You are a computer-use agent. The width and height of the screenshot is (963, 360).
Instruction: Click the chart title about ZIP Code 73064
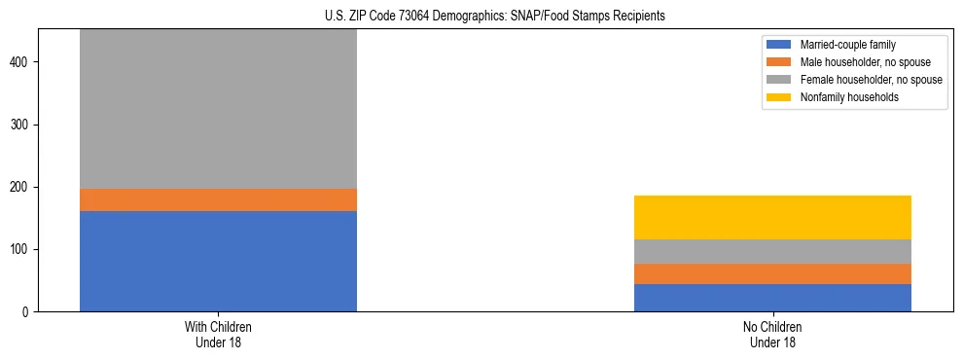click(x=495, y=17)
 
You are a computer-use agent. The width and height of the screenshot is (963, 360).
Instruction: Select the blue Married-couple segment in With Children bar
click(x=218, y=261)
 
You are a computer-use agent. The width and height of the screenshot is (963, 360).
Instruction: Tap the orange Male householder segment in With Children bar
click(x=218, y=199)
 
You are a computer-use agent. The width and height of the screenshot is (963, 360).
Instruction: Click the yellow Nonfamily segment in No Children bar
click(x=772, y=217)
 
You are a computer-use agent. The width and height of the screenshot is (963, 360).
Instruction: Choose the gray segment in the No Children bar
click(x=772, y=251)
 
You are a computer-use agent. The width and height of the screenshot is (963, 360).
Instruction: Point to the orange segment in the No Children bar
click(x=772, y=273)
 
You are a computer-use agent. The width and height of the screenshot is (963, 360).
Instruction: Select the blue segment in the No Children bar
click(x=772, y=298)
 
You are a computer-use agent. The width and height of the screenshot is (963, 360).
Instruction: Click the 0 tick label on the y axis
click(x=28, y=312)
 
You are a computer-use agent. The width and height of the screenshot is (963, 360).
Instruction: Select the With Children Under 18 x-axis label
click(x=218, y=335)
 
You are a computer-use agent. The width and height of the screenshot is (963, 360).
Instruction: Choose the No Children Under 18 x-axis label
click(x=772, y=335)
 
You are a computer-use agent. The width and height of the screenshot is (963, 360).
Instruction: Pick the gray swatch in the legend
click(x=779, y=80)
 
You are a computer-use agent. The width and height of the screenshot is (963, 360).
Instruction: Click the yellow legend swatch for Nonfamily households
click(x=779, y=97)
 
